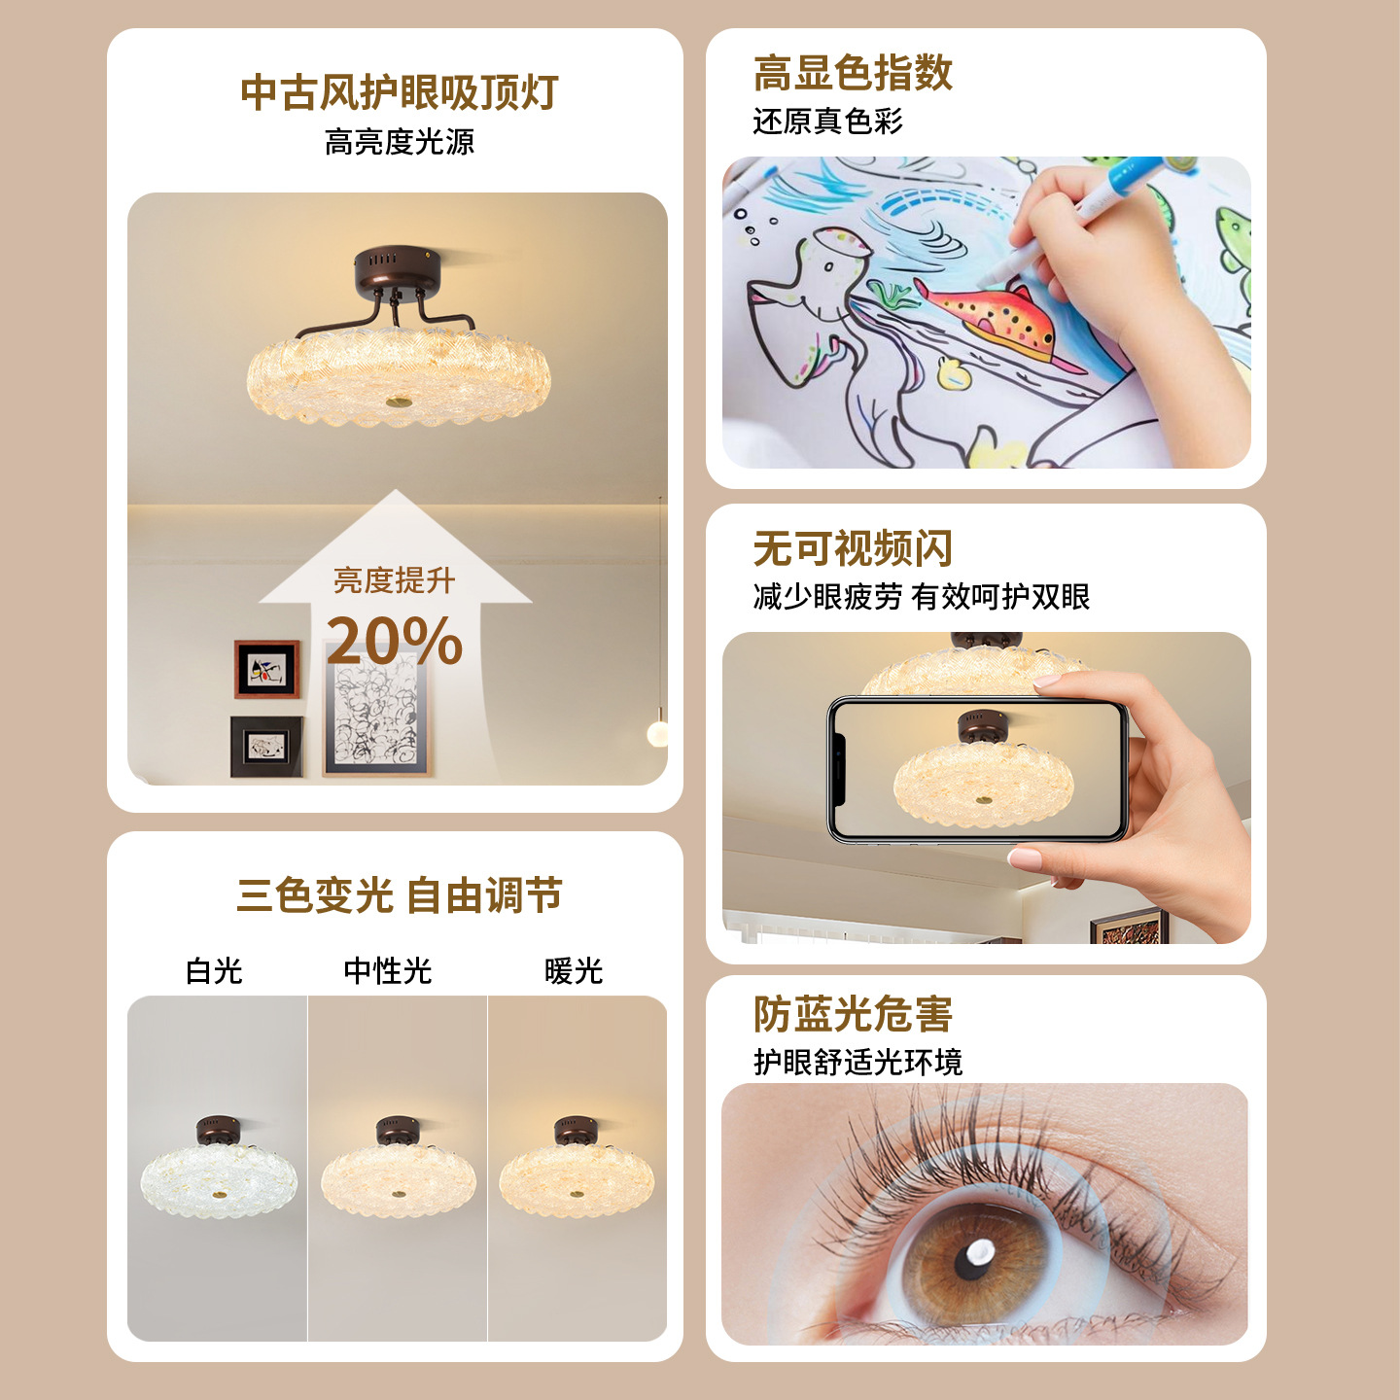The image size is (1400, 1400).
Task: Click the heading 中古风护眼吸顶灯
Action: point(399,92)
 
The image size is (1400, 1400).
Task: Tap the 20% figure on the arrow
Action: point(395,640)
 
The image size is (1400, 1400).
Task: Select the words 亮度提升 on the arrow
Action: point(395,580)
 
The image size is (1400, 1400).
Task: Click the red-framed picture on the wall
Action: point(266,669)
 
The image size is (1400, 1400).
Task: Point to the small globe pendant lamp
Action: point(657,733)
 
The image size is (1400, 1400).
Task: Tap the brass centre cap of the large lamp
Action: point(399,401)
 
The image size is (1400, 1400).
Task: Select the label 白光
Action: point(214,970)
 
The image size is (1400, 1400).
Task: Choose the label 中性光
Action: point(388,970)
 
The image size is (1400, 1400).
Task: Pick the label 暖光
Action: point(574,970)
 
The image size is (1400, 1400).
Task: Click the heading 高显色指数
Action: point(853,73)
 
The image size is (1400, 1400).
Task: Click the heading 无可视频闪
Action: point(853,547)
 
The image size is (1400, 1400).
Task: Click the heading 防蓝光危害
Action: point(853,1013)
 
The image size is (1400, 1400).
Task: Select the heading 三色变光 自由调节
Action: point(399,895)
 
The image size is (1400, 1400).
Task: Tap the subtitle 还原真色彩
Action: point(827,122)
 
